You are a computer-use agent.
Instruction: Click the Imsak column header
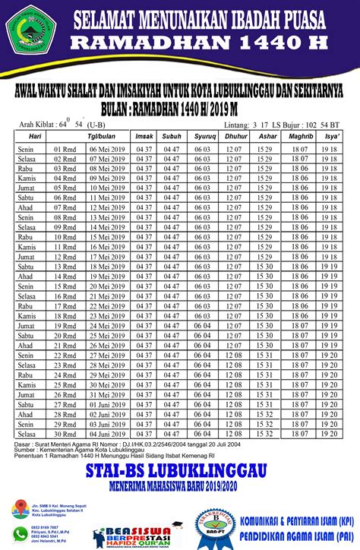click(144, 135)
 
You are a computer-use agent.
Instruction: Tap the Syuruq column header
click(201, 135)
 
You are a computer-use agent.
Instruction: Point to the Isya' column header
click(332, 135)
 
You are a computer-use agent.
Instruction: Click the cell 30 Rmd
click(64, 434)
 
